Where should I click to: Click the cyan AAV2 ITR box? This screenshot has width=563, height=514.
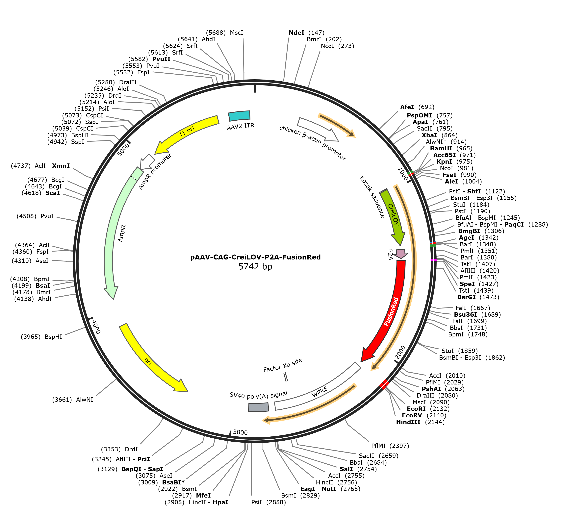(x=239, y=116)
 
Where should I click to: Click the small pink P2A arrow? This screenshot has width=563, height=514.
(x=401, y=254)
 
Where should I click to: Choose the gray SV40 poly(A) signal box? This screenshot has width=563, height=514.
(x=259, y=407)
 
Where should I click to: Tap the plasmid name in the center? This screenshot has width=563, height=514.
(x=256, y=257)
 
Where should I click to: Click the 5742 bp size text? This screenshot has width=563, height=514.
(x=255, y=267)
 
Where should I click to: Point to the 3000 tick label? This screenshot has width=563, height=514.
(x=240, y=432)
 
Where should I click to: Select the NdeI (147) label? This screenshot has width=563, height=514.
(x=307, y=33)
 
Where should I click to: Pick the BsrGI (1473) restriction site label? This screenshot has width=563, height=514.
(x=478, y=297)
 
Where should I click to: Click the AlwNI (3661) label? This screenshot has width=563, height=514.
(x=73, y=400)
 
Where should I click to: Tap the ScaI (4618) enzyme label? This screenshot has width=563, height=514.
(x=41, y=193)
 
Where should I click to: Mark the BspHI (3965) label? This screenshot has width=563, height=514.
(x=41, y=337)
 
